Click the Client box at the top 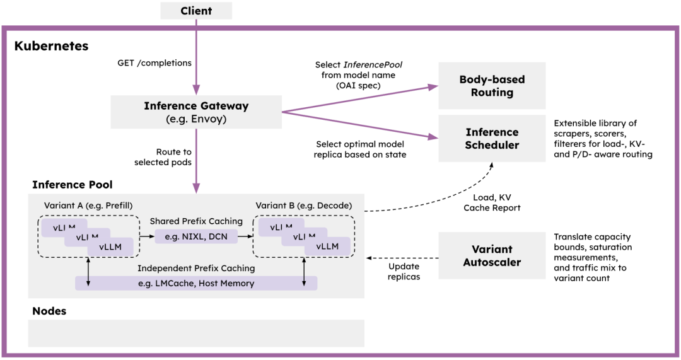tap(196, 11)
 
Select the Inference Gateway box tap(196, 112)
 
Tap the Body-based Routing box tap(492, 86)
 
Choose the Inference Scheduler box tap(492, 139)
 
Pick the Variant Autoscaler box tap(492, 255)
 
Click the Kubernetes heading tap(51, 46)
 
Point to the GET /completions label tap(154, 63)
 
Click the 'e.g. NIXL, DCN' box tap(196, 236)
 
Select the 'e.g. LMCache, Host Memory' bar tap(196, 283)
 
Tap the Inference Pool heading tap(72, 185)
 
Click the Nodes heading tap(49, 311)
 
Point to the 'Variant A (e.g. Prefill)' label tap(88, 206)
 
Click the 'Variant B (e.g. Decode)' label tap(303, 206)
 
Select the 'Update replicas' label tap(404, 271)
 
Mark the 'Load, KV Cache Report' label tap(492, 202)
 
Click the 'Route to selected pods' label tap(163, 157)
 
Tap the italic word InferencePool tap(373, 65)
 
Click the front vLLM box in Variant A tap(110, 247)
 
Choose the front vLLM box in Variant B tap(327, 247)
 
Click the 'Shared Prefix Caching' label tap(196, 221)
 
